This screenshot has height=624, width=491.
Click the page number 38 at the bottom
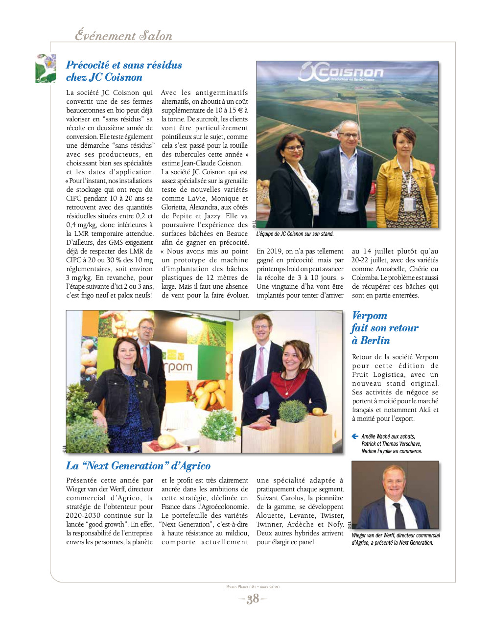pos(253,599)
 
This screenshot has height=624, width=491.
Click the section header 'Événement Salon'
pos(123,36)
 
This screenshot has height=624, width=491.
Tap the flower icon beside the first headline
pos(46,69)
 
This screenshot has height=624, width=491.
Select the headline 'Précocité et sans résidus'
pos(124,65)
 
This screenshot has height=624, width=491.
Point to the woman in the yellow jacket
pos(406,181)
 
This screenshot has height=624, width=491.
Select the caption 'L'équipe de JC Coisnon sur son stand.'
pos(295,234)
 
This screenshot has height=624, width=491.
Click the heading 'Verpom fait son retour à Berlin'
pos(385,328)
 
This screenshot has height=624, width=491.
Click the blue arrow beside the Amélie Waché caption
pos(355,436)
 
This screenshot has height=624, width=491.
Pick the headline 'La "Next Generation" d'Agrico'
pos(138,466)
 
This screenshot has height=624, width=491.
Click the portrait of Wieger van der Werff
pos(395,495)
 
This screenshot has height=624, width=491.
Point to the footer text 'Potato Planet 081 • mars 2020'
pos(253,587)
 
